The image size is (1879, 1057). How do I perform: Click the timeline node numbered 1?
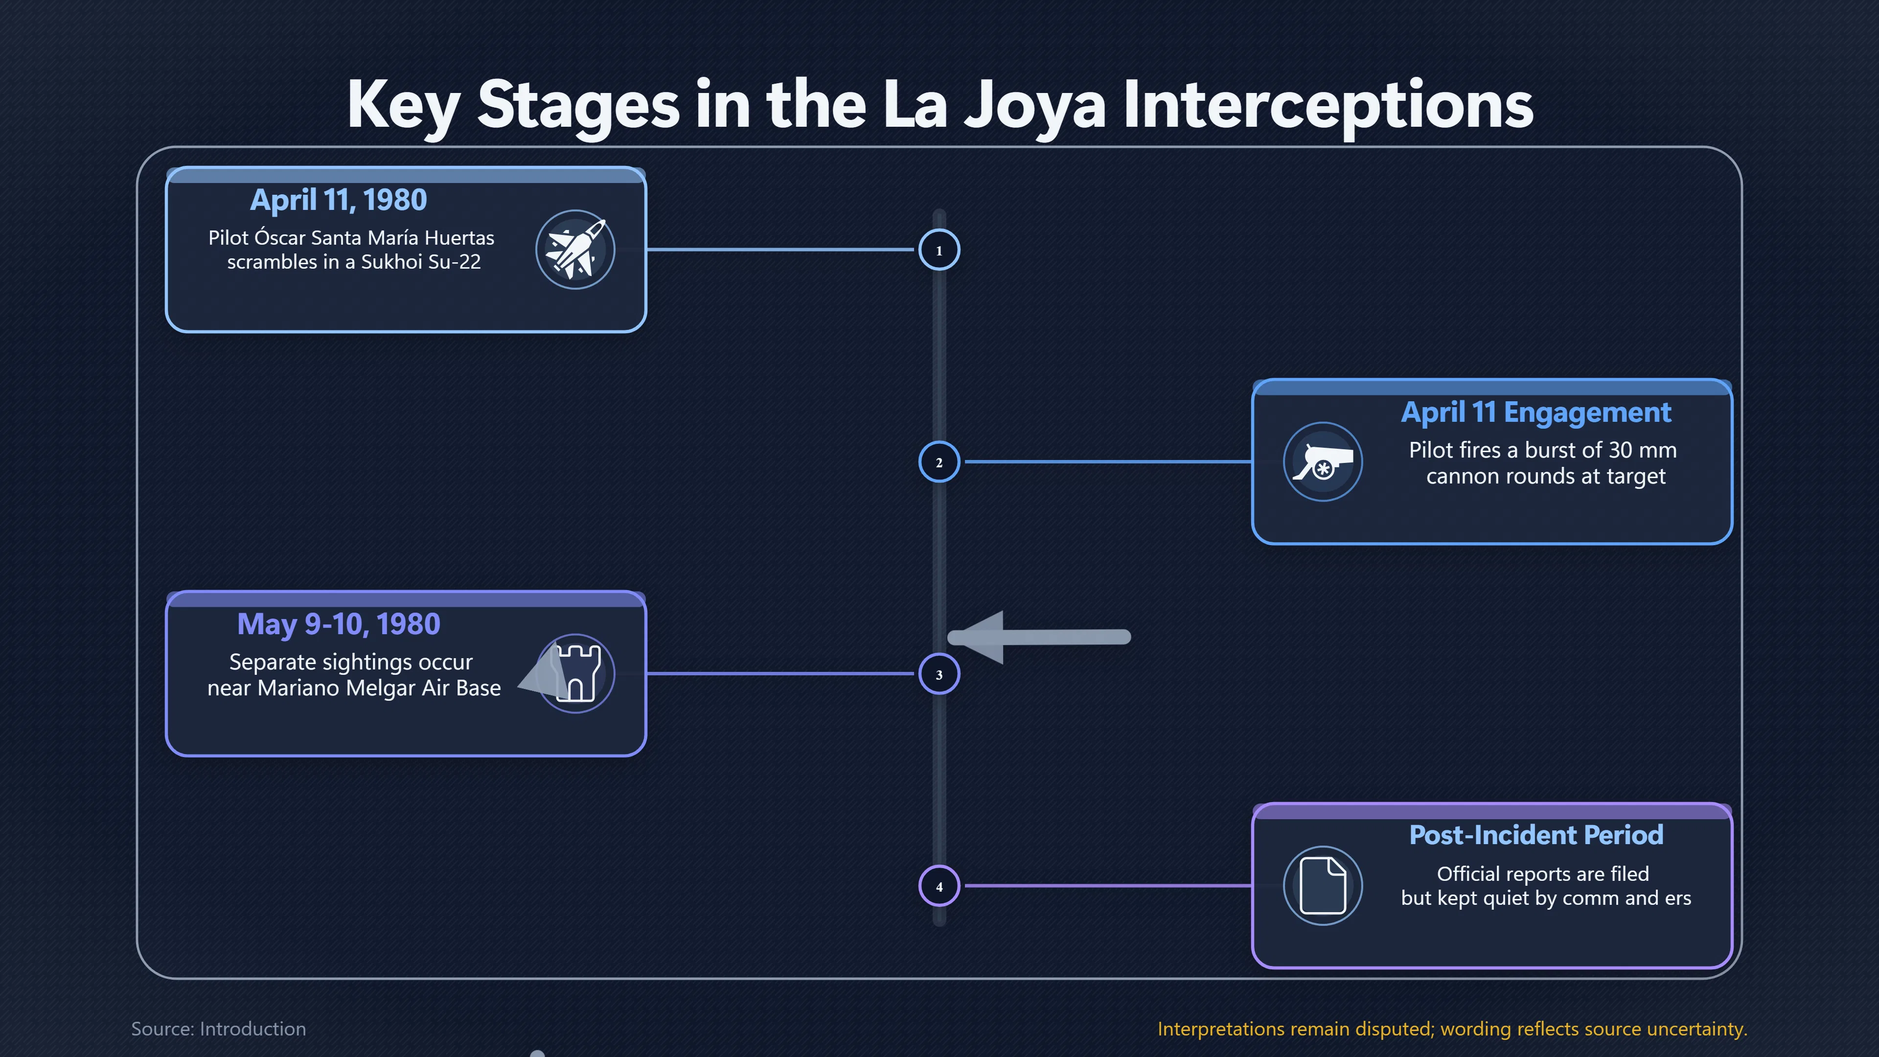click(939, 250)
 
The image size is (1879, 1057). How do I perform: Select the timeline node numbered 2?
click(939, 462)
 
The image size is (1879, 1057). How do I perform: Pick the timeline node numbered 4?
click(939, 886)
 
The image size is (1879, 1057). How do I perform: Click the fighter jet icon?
click(575, 250)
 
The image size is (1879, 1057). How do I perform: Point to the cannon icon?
click(1323, 462)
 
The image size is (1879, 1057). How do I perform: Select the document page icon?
click(1323, 886)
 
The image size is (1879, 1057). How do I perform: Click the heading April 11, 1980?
click(339, 200)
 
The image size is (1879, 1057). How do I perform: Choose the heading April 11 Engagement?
click(1535, 412)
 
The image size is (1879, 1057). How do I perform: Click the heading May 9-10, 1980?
click(339, 624)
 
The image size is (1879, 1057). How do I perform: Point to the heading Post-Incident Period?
click(1535, 834)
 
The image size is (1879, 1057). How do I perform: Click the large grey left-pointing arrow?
click(1039, 637)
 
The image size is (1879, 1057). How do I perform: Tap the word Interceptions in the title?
click(1328, 105)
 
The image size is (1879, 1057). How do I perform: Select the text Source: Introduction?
click(219, 1029)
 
